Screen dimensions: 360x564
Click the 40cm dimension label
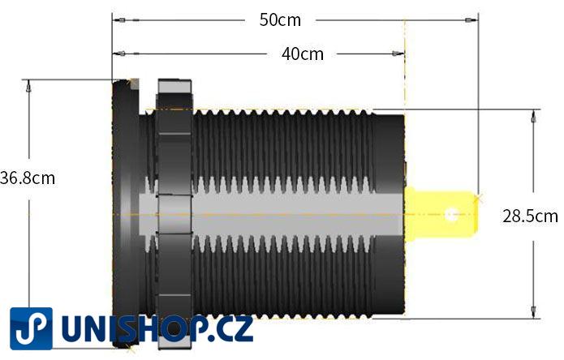click(302, 54)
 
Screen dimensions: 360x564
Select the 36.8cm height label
click(28, 178)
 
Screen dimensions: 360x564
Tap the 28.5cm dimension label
click(530, 216)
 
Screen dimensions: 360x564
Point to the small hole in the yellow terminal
click(453, 215)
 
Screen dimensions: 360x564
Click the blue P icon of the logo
click(31, 328)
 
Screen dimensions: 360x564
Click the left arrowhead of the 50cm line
click(118, 19)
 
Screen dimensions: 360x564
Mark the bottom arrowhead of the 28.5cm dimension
click(533, 314)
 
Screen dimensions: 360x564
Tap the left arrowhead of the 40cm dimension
click(118, 54)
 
